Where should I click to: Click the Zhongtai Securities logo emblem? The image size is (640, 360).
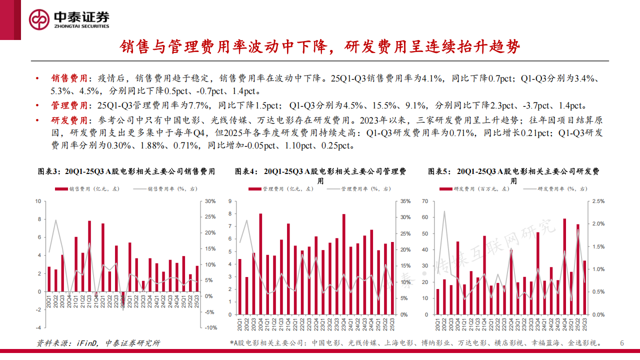pyautogui.click(x=39, y=19)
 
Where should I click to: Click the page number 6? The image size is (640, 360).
pyautogui.click(x=622, y=343)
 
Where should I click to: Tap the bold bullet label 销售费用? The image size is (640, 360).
pyautogui.click(x=68, y=79)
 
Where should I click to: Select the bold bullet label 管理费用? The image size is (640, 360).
pyautogui.click(x=68, y=105)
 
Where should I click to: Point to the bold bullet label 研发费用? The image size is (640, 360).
pyautogui.click(x=68, y=120)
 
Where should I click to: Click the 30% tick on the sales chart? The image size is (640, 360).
pyautogui.click(x=209, y=201)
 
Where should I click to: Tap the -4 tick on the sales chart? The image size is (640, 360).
pyautogui.click(x=37, y=327)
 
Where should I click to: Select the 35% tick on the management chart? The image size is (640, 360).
pyautogui.click(x=405, y=201)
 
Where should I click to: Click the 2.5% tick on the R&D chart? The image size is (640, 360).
pyautogui.click(x=598, y=201)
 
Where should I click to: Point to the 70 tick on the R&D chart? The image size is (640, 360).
pyautogui.click(x=426, y=201)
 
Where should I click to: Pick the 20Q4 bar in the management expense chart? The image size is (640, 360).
pyautogui.click(x=260, y=264)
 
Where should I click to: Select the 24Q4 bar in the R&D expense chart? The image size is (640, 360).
pyautogui.click(x=564, y=266)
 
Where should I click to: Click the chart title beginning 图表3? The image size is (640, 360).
pyautogui.click(x=127, y=171)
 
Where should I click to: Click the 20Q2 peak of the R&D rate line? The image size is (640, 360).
pyautogui.click(x=444, y=211)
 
